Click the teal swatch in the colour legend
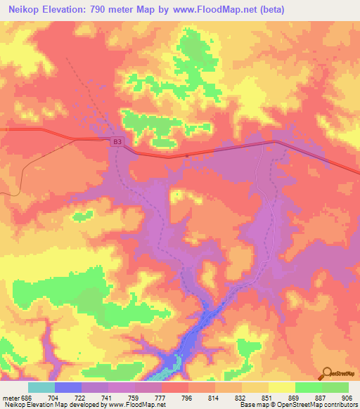(41, 387)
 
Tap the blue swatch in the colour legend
(68, 387)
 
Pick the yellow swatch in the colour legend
(282, 387)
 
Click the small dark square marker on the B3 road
(186, 155)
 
